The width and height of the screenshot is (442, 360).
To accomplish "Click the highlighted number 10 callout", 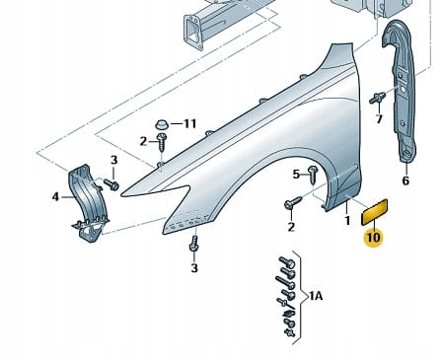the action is [374, 238].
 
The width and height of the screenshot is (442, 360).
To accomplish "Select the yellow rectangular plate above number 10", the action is [375, 212].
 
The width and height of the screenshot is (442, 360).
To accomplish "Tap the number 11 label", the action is [190, 123].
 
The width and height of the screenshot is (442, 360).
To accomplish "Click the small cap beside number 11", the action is [162, 124].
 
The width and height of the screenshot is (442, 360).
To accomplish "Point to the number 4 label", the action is [55, 197].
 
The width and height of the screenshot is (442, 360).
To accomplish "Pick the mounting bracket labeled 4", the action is [89, 203].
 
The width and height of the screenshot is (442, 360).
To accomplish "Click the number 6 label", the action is [405, 180].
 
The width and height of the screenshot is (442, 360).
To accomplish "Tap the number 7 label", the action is [379, 119].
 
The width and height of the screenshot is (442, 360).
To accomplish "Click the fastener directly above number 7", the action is [377, 98].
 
